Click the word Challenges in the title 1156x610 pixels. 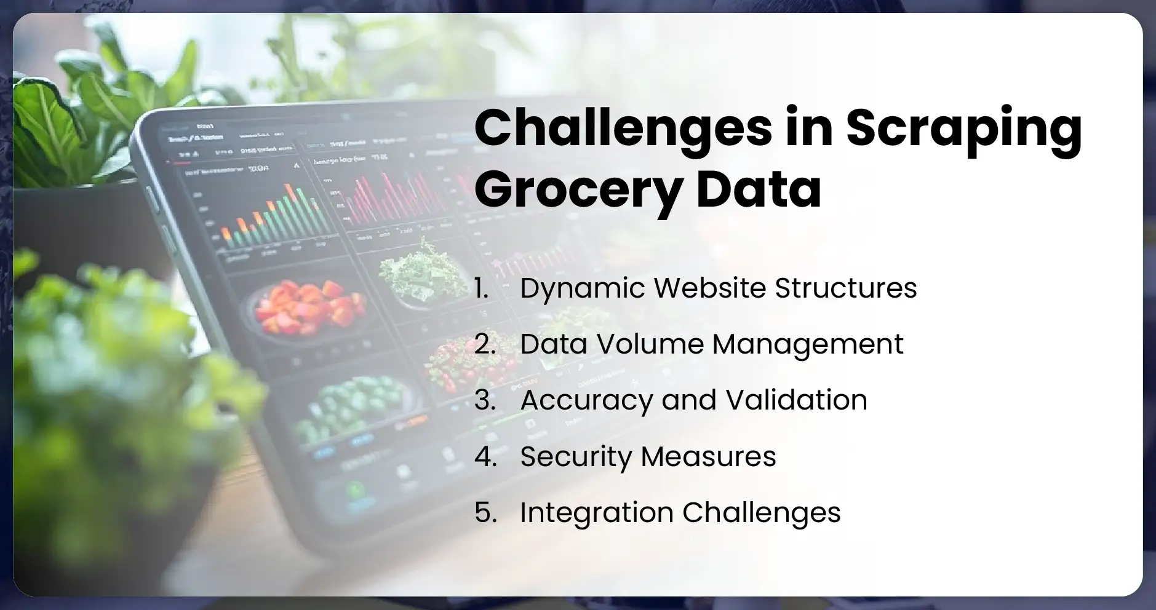pyautogui.click(x=623, y=130)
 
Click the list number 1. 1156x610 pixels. pyautogui.click(x=481, y=288)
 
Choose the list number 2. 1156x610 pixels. pyautogui.click(x=485, y=344)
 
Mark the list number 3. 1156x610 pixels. pyautogui.click(x=485, y=400)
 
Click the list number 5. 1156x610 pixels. pyautogui.click(x=485, y=513)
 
